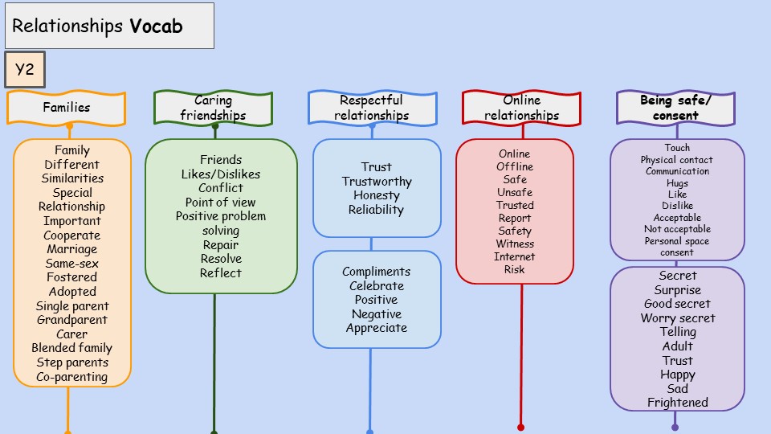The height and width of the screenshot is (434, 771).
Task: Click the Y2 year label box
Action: pyautogui.click(x=24, y=70)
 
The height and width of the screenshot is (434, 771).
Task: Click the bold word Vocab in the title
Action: pyautogui.click(x=156, y=27)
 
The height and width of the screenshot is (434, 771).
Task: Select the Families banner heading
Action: pyautogui.click(x=67, y=108)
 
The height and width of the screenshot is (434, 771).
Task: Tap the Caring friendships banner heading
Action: pyautogui.click(x=214, y=108)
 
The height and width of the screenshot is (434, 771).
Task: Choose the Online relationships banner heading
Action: pyautogui.click(x=521, y=108)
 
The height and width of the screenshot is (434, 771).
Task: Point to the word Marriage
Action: pyautogui.click(x=71, y=249)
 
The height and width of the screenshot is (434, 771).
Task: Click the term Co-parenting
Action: pyautogui.click(x=71, y=377)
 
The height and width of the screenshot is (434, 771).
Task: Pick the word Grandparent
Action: pyautogui.click(x=71, y=320)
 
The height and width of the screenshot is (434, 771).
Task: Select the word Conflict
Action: pyautogui.click(x=221, y=188)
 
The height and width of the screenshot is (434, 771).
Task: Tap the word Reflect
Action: pyautogui.click(x=221, y=273)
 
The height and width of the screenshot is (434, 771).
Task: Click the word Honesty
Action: pyautogui.click(x=377, y=195)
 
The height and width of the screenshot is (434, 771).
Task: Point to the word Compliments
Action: pyautogui.click(x=377, y=272)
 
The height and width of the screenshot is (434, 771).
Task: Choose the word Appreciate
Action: pyautogui.click(x=377, y=328)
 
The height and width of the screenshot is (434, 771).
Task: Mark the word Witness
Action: pyautogui.click(x=515, y=244)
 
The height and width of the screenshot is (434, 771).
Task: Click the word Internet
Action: pyautogui.click(x=515, y=256)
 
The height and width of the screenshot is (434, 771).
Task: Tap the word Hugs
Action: pyautogui.click(x=677, y=183)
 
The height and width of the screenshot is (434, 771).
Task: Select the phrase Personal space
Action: pyautogui.click(x=677, y=241)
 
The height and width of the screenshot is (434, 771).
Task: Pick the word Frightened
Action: pyautogui.click(x=678, y=403)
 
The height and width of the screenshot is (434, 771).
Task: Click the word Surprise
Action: pyautogui.click(x=678, y=290)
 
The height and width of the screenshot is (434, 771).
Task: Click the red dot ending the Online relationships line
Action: pyautogui.click(x=521, y=428)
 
